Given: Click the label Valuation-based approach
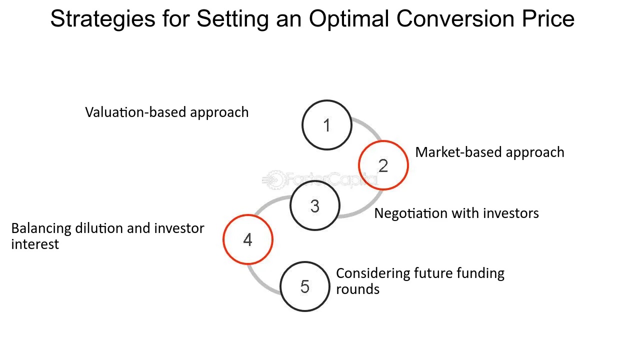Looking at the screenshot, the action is tap(167, 112).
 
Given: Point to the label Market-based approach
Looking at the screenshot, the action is tap(489, 152).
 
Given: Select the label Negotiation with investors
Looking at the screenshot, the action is tap(456, 213).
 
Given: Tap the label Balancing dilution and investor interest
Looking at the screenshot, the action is tap(107, 236).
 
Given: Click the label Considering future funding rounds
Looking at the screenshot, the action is tap(420, 281).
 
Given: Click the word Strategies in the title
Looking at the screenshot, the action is tap(103, 19).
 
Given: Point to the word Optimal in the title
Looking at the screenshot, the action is tap(349, 19).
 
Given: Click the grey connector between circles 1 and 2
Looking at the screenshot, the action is tap(369, 125).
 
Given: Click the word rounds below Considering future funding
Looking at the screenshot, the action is tap(357, 289).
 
